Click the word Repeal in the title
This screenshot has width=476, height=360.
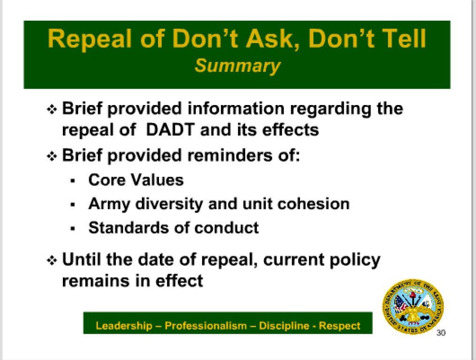click(90, 39)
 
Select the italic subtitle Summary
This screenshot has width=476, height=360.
click(237, 66)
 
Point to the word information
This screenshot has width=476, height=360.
click(236, 108)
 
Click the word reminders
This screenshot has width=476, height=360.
click(229, 155)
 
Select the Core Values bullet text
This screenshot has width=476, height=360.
click(136, 180)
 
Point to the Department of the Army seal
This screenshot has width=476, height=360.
click(413, 306)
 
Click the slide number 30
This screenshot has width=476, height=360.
click(441, 333)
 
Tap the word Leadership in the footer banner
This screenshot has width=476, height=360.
click(124, 326)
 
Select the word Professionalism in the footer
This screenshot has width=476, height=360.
click(205, 326)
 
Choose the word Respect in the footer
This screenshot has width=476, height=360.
click(340, 326)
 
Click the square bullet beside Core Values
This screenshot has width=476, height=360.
click(72, 181)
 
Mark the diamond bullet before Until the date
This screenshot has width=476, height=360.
click(52, 260)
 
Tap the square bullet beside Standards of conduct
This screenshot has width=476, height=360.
click(72, 229)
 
